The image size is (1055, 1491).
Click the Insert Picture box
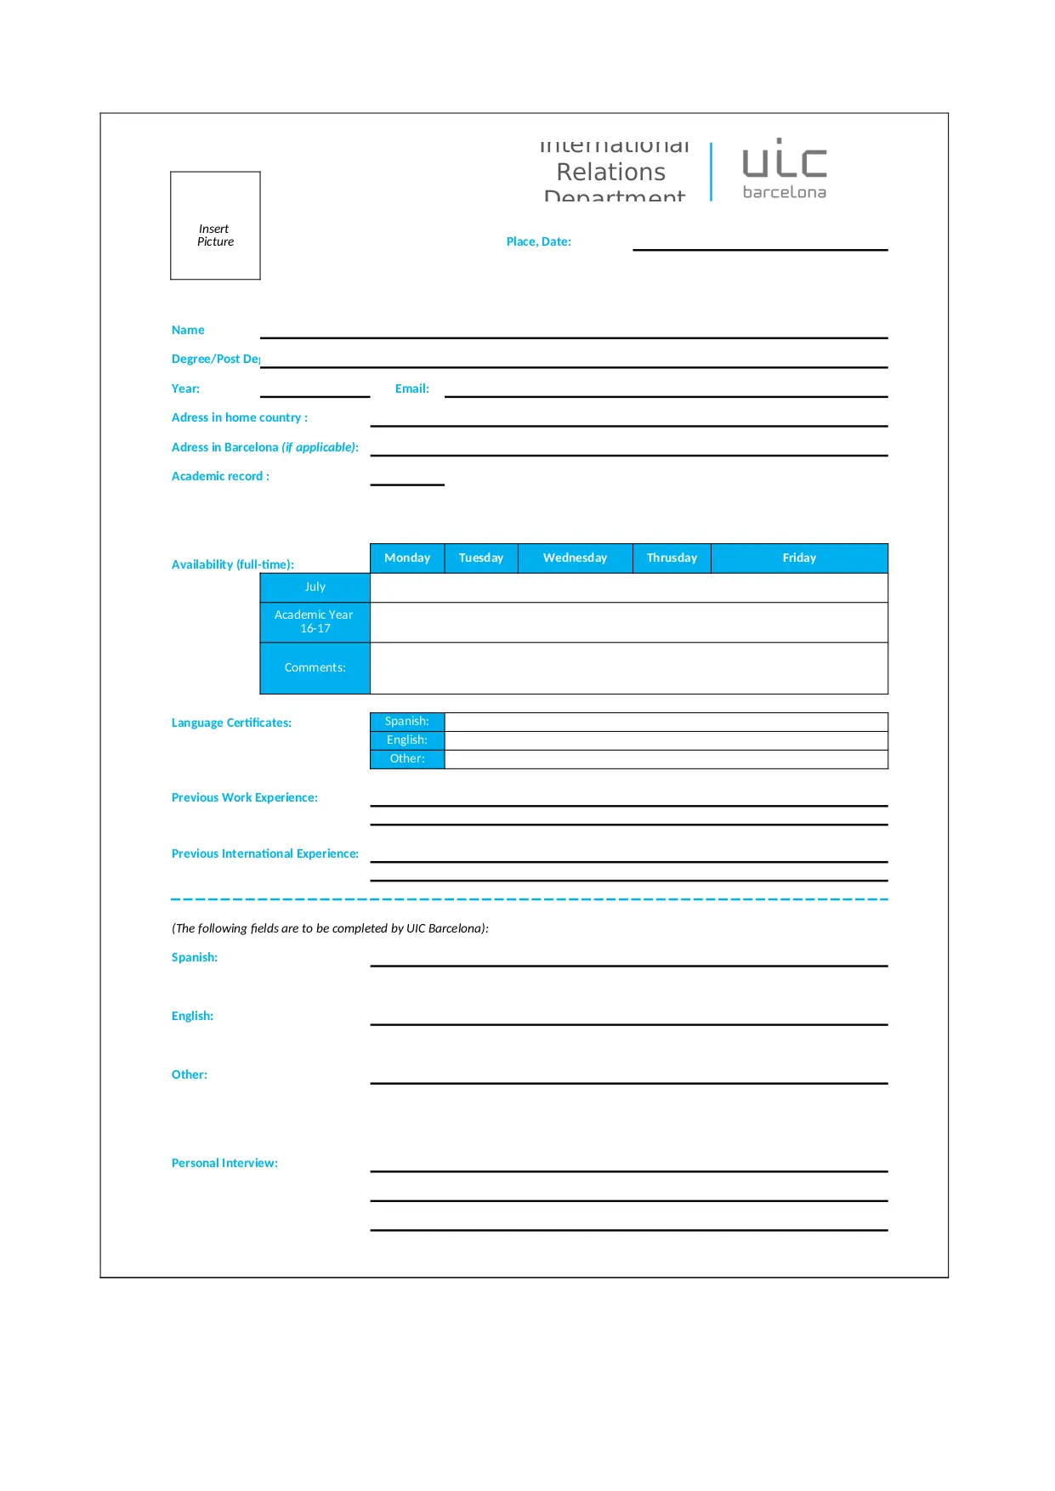click(x=215, y=226)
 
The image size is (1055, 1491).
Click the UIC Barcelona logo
click(x=784, y=170)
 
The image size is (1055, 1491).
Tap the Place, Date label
click(x=538, y=241)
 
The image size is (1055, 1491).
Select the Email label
click(x=411, y=388)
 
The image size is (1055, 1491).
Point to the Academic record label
click(x=220, y=476)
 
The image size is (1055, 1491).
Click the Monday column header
click(x=407, y=558)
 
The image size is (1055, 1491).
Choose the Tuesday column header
click(x=481, y=558)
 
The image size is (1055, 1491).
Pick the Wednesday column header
click(x=575, y=558)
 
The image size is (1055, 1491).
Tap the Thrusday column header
click(x=672, y=558)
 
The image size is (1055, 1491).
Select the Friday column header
click(x=799, y=558)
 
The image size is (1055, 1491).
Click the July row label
click(x=315, y=587)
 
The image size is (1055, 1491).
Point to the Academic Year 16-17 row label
click(x=315, y=621)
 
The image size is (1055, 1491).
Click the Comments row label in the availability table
click(x=315, y=667)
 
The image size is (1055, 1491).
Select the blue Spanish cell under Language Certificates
click(x=407, y=722)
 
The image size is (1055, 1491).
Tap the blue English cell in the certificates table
click(x=407, y=740)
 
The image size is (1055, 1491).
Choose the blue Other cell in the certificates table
click(x=407, y=759)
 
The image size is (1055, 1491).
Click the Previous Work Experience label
click(x=245, y=797)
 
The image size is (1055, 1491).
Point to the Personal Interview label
click(x=224, y=1163)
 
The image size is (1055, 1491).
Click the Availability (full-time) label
click(x=233, y=564)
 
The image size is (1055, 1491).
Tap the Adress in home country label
click(x=240, y=417)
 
